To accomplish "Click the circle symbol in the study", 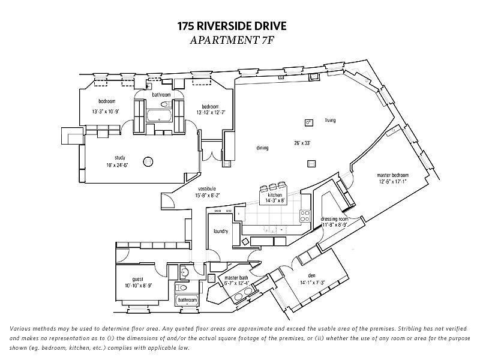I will point(148,161).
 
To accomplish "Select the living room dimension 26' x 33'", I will point(302,143).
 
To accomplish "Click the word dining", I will point(262,148).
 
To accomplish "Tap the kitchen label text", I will point(275,196).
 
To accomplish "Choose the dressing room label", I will point(334,219).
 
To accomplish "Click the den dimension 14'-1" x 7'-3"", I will point(312,282).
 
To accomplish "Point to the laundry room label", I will point(220,230).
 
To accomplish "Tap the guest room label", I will point(138,279).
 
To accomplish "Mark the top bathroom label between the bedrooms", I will point(161,95).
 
